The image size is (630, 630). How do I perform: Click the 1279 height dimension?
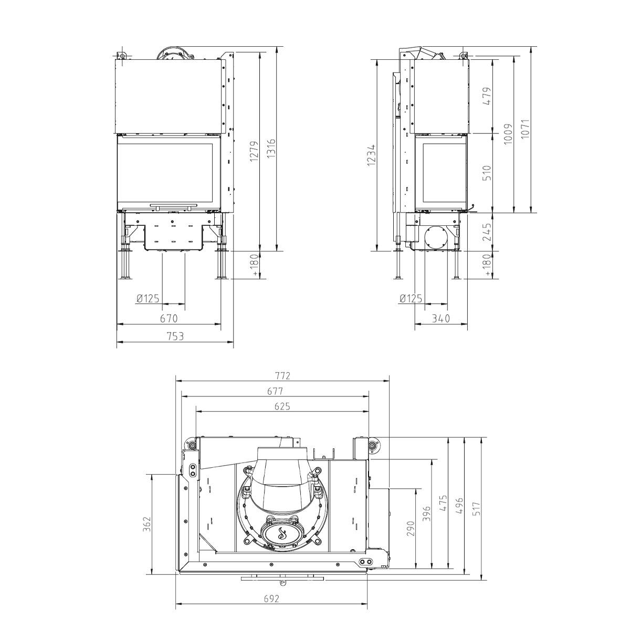[x=254, y=151]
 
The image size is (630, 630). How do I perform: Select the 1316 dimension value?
[x=271, y=149]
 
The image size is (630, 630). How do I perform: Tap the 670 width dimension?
[x=169, y=318]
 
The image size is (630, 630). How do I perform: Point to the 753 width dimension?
[x=175, y=336]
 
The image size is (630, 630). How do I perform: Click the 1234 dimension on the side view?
[x=371, y=155]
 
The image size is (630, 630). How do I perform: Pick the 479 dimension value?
[x=487, y=96]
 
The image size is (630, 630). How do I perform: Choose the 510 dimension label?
[x=487, y=173]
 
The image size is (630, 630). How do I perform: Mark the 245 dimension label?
[x=487, y=232]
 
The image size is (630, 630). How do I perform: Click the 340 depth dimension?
[x=440, y=318]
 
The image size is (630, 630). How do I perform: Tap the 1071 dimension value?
[x=525, y=129]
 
